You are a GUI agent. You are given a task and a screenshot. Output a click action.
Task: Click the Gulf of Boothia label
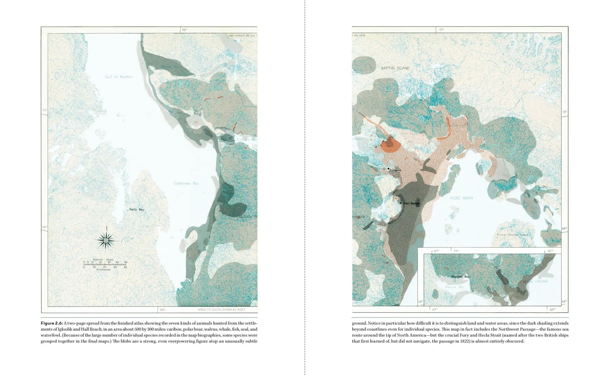pyautogui.click(x=119, y=77)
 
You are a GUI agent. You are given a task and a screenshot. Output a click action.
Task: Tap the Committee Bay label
pyautogui.click(x=186, y=183)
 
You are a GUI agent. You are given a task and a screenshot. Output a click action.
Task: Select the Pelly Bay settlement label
pyautogui.click(x=136, y=209)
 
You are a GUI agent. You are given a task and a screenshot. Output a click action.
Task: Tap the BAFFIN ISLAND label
pyautogui.click(x=395, y=68)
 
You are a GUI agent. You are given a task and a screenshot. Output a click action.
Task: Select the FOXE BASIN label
pyautogui.click(x=461, y=198)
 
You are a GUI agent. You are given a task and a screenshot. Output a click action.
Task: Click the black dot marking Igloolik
pyautogui.click(x=388, y=168)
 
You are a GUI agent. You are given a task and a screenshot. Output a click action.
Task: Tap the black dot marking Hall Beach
pyautogui.click(x=401, y=202)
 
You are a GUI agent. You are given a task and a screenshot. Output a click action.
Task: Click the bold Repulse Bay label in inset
pyautogui.click(x=460, y=276)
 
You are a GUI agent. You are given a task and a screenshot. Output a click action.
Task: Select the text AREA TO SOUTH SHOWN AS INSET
pyautogui.click(x=221, y=310)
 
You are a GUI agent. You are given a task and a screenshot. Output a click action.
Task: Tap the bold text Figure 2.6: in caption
pyautogui.click(x=52, y=323)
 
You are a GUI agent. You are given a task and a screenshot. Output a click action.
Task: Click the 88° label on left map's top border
pyautogui.click(x=185, y=30)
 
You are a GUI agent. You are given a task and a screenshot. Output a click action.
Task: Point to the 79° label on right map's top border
pyautogui.click(x=441, y=30)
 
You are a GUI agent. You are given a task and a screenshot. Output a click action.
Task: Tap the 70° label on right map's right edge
pyautogui.click(x=565, y=112)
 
